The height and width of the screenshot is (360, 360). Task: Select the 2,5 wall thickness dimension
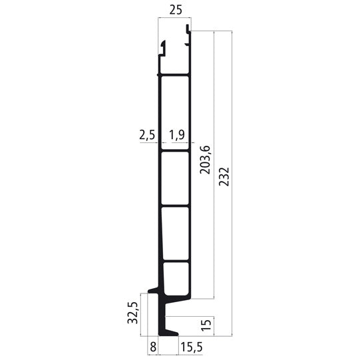coord(146,134)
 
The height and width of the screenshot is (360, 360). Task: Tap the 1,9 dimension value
coord(177,134)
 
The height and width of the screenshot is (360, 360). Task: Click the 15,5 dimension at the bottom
coord(192,347)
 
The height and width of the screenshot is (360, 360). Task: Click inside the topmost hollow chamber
coord(176,112)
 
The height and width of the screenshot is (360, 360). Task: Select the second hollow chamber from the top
coord(176,178)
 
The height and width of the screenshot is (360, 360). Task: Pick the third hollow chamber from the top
coord(176,232)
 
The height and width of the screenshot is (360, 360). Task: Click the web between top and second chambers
coord(176,152)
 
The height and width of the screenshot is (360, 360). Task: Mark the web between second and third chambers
coord(176,206)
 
